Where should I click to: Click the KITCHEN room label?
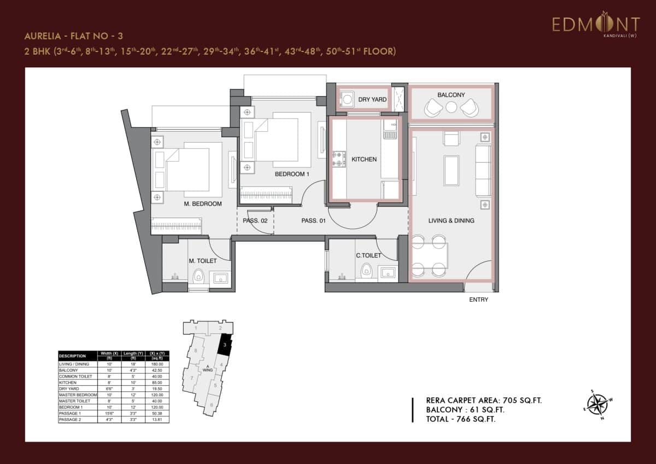(x=364, y=160)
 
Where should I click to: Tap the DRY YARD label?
(x=372, y=100)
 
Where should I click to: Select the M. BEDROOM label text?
(x=203, y=204)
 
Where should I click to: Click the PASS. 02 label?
(x=254, y=221)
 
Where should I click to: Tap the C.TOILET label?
(x=368, y=255)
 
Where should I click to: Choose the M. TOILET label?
(x=202, y=261)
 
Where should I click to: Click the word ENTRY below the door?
(x=478, y=299)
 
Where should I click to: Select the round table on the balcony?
(x=451, y=107)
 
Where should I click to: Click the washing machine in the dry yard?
(x=347, y=101)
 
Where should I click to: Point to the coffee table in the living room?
(x=452, y=170)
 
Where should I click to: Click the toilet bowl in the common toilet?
(x=366, y=269)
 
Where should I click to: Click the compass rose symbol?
(x=600, y=405)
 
